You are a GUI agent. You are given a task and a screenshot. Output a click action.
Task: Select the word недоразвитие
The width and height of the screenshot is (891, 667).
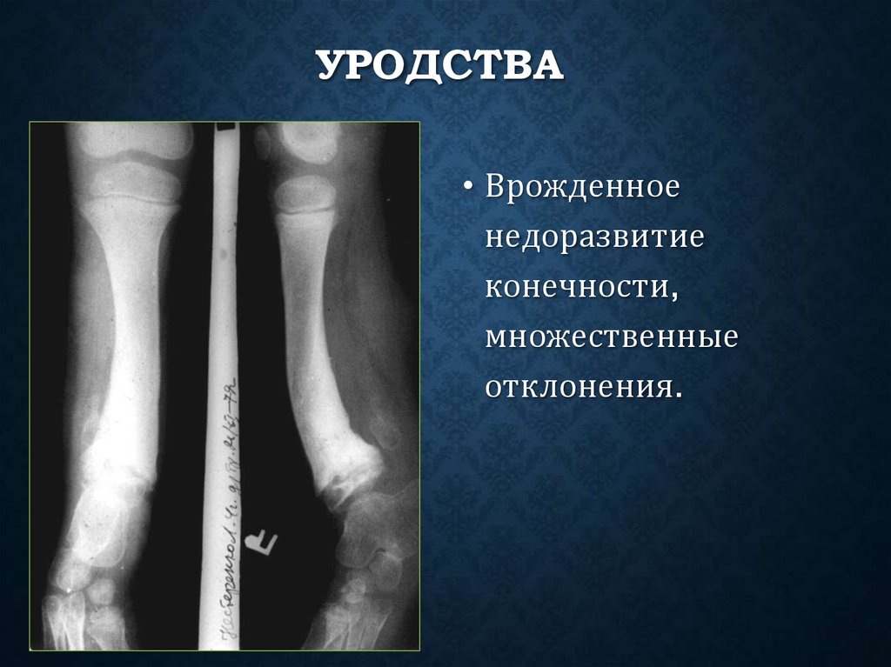[593, 238]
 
